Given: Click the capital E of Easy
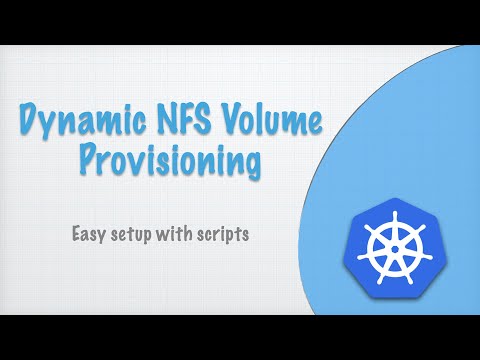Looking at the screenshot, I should click(76, 237).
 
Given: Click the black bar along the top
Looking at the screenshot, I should click(240, 22).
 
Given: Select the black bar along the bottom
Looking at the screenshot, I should click(240, 337).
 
